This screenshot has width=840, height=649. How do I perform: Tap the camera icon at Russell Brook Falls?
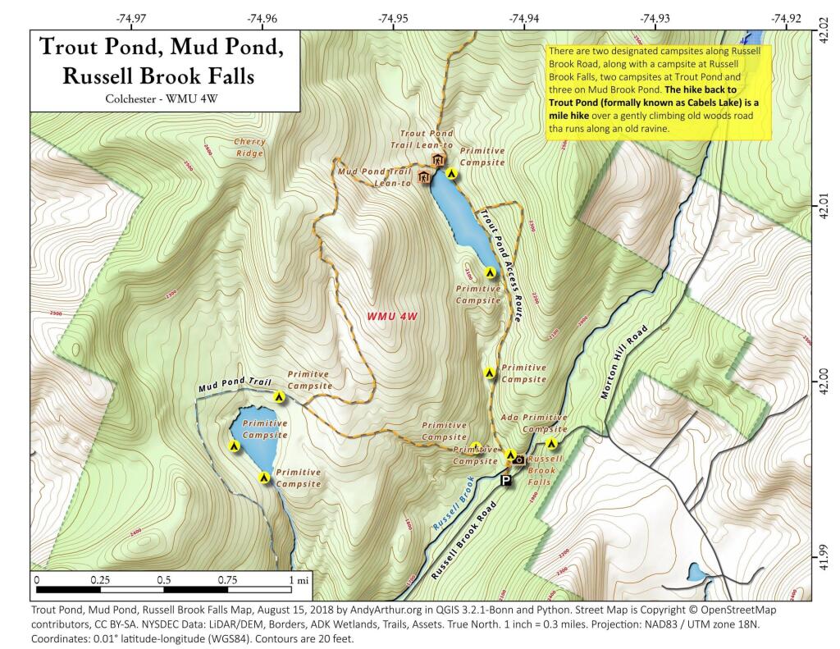(518, 460)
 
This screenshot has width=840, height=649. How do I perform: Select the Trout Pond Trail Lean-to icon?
(438, 159)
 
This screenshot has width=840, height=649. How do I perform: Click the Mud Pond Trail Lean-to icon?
(424, 177)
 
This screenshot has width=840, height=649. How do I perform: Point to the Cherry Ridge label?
(249, 148)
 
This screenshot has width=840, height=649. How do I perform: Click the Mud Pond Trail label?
(235, 382)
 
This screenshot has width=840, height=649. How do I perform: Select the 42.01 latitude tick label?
(824, 206)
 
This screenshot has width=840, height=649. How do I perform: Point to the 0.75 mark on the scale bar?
(226, 579)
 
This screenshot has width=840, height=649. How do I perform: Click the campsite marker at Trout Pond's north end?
(450, 173)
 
